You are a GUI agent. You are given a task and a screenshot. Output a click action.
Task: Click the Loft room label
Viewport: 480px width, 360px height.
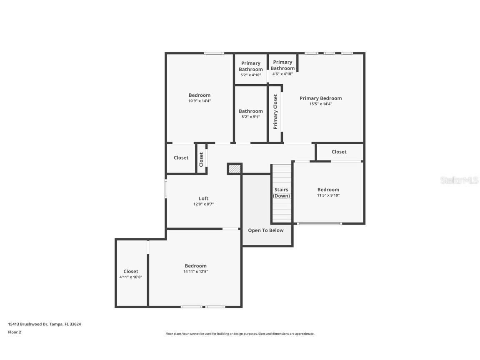203,198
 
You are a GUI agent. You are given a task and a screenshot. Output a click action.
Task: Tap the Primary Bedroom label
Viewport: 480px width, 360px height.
320,98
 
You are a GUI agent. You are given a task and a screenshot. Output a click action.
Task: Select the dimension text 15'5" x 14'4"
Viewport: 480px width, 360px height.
320,104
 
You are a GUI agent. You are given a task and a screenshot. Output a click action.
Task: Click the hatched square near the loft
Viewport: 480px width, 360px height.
235,169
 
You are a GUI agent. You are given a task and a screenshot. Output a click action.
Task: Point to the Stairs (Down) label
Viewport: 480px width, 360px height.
281,192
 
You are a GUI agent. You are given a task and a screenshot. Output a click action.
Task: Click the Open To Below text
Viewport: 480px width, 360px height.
266,230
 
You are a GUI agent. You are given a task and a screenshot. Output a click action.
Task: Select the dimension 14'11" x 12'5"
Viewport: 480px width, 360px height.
195,272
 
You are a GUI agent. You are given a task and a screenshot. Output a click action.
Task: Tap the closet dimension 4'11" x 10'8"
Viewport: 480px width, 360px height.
131,277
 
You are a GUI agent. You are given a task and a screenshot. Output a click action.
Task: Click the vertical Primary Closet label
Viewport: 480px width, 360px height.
275,112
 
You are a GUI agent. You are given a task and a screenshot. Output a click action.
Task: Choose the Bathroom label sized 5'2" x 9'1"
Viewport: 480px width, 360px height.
251,111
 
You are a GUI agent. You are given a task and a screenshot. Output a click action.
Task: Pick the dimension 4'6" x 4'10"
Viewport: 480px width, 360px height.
282,74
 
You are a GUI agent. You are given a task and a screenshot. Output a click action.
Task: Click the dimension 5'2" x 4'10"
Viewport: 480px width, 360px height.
251,75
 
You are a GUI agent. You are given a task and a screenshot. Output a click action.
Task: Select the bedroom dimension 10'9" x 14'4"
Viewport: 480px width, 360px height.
200,101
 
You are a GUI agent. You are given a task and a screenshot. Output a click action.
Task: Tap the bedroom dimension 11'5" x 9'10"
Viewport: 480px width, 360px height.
328,195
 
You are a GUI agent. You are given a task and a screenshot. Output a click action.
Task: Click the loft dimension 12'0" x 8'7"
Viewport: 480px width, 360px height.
203,204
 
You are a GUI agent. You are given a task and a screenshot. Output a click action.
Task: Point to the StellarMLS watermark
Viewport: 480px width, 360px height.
459,180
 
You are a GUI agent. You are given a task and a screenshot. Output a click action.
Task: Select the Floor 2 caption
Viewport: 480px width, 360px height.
14,332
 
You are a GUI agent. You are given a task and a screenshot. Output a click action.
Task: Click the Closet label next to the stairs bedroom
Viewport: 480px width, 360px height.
339,152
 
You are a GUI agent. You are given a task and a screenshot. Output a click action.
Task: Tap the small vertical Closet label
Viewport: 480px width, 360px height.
201,159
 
